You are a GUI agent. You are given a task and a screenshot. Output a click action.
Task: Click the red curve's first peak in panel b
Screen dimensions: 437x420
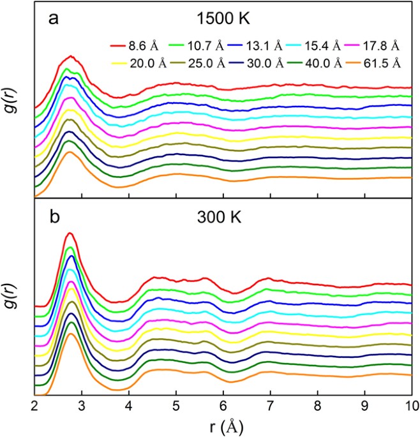[70, 233]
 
